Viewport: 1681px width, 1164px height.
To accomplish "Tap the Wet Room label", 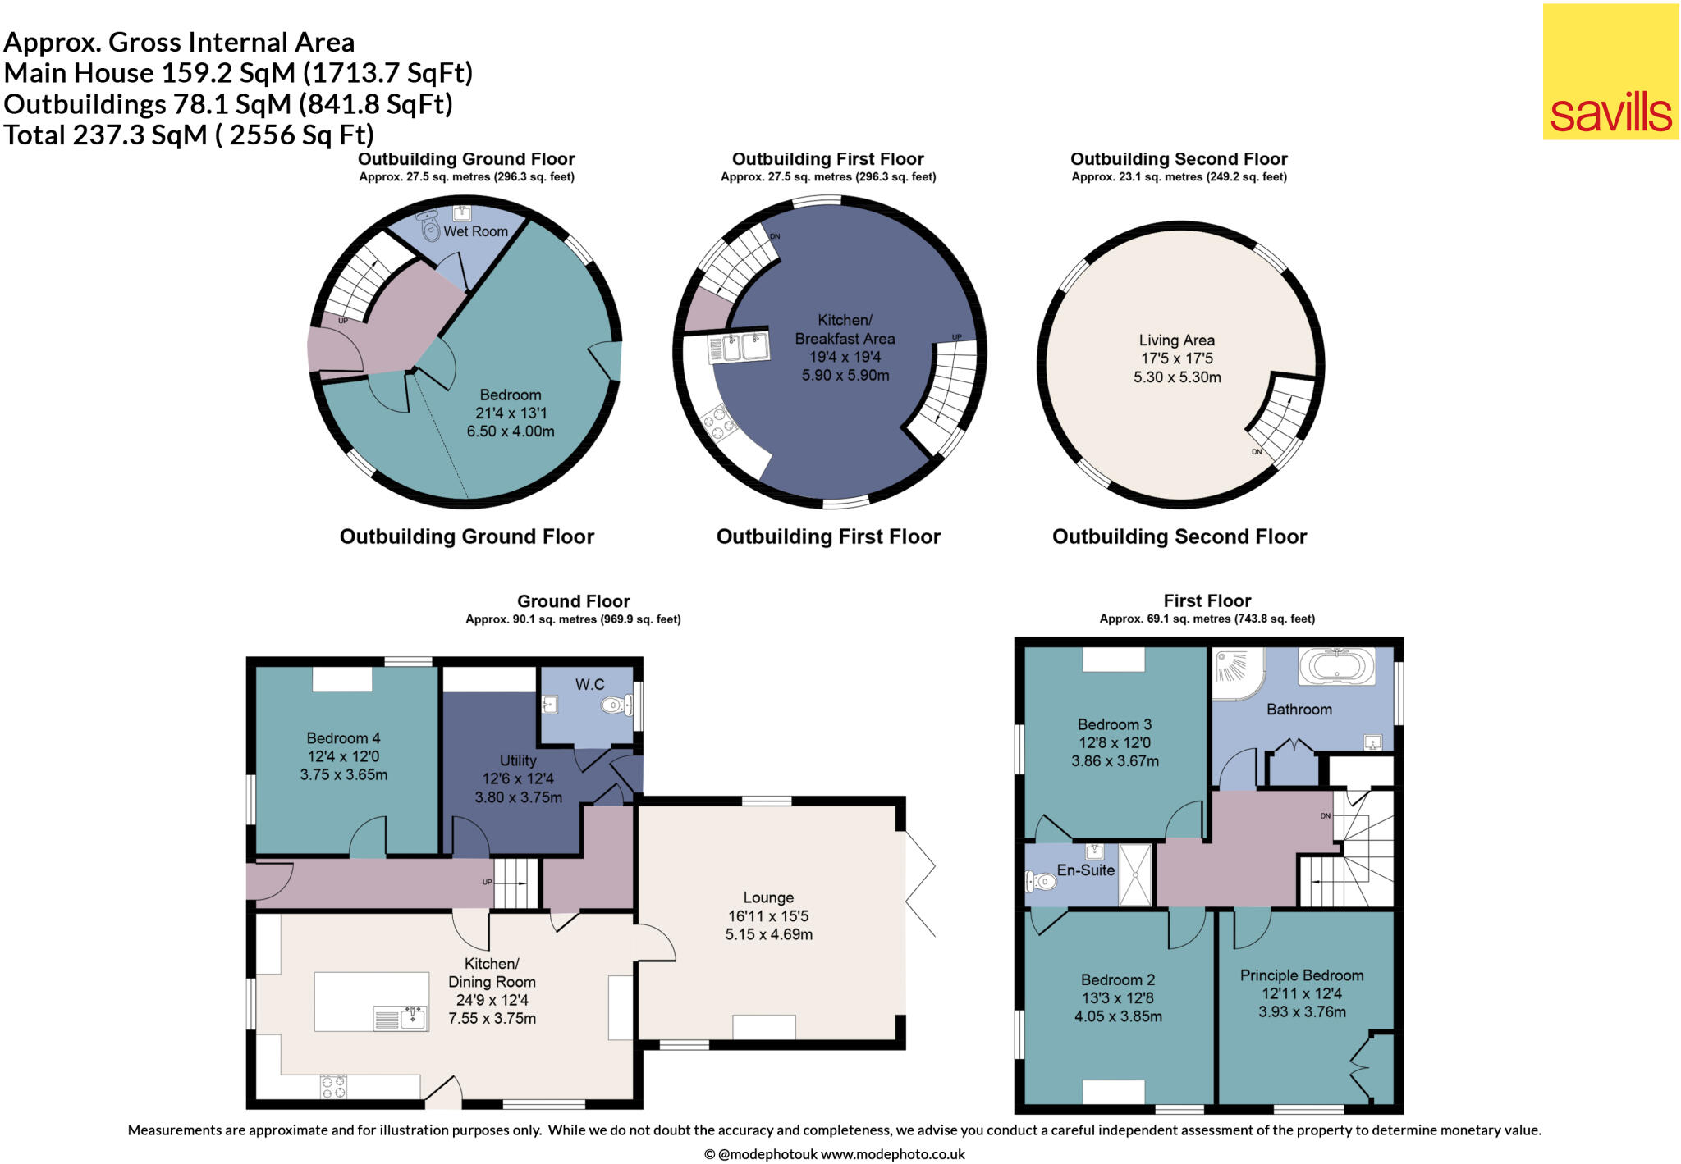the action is [x=475, y=231].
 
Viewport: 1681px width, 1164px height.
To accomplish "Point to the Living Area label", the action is [x=1176, y=340].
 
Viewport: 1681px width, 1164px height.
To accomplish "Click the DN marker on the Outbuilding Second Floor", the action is [x=1257, y=452].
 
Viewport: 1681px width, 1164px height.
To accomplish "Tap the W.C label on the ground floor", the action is [x=589, y=684].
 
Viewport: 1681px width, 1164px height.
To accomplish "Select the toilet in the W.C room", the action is [x=616, y=705].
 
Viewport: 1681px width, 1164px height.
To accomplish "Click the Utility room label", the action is [x=518, y=760].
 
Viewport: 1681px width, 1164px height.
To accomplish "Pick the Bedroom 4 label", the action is [x=343, y=738].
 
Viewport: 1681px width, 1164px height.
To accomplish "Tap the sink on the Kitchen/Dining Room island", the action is [x=413, y=1019].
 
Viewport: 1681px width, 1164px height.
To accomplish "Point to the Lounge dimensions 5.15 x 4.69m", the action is [x=768, y=934].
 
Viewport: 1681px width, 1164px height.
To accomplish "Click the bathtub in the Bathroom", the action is [x=1336, y=665].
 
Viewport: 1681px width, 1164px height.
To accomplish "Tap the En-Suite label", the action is [x=1085, y=870].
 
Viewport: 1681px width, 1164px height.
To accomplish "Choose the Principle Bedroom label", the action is [x=1301, y=975].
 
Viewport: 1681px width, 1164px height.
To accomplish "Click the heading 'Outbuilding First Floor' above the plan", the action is [x=827, y=159].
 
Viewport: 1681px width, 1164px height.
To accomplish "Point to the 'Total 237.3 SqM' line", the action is [x=189, y=135].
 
